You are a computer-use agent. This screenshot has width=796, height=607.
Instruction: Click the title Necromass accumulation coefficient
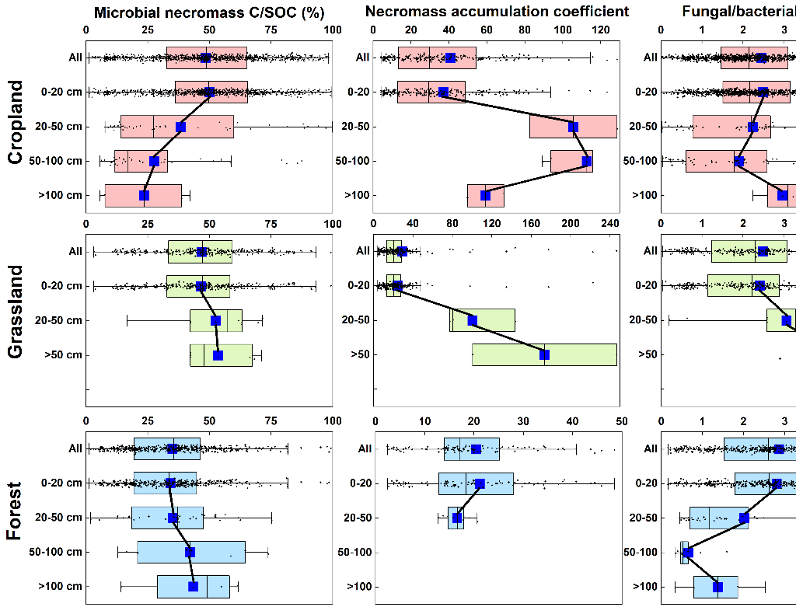point(497,12)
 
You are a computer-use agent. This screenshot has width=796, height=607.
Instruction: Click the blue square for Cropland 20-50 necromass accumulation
point(573,127)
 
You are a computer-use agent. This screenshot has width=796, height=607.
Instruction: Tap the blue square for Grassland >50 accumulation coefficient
point(544,354)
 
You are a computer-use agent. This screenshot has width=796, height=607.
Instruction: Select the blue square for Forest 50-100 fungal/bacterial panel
point(687,553)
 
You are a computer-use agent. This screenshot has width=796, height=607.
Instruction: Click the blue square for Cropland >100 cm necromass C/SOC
point(144,195)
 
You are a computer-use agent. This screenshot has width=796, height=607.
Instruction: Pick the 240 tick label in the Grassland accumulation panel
point(609,224)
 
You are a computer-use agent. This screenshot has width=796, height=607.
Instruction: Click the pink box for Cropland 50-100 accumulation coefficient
point(571,161)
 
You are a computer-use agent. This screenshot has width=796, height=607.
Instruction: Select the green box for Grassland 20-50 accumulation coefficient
point(482,320)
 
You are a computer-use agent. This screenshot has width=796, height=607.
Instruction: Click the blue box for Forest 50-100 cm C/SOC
point(191,552)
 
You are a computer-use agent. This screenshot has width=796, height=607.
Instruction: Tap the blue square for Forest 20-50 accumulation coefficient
point(457,518)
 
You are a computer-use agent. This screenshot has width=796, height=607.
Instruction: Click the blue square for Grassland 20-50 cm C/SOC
point(215,320)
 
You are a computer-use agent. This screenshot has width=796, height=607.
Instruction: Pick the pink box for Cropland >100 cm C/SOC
point(143,195)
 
